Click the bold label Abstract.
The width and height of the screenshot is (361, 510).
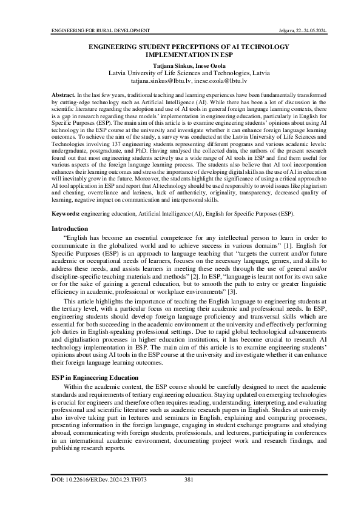61,96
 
